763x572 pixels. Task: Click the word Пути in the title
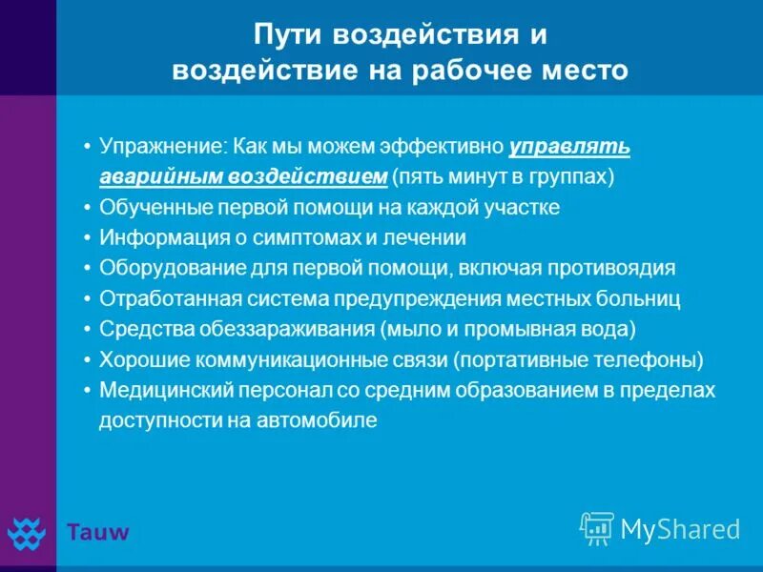point(285,36)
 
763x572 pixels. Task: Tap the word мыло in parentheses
point(407,329)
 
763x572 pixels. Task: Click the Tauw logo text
point(97,531)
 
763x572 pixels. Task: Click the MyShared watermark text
point(680,529)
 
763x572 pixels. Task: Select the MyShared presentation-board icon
point(597,528)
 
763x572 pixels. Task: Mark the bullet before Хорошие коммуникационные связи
point(87,359)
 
